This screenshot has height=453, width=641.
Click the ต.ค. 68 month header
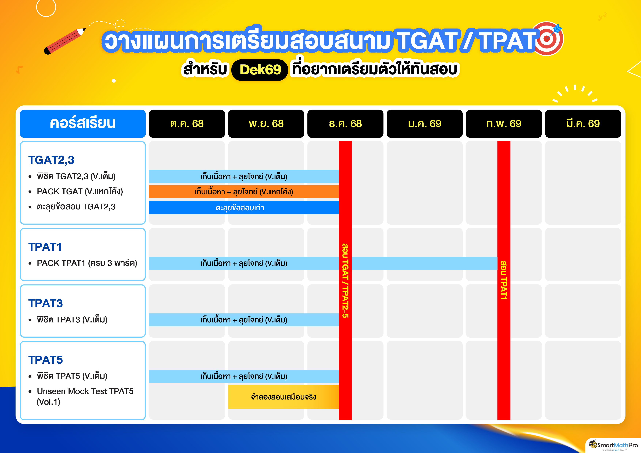[x=187, y=124]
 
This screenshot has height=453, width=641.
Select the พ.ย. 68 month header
[x=266, y=124]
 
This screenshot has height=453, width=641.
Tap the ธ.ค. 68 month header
[x=345, y=124]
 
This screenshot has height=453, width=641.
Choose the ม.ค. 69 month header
[x=425, y=124]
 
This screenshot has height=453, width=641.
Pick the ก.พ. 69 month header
[x=504, y=124]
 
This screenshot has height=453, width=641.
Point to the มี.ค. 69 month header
[x=583, y=124]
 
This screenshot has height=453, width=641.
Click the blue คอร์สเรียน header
[x=83, y=124]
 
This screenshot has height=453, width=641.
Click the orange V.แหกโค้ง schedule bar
[x=244, y=192]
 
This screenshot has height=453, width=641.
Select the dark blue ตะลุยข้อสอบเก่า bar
[x=244, y=208]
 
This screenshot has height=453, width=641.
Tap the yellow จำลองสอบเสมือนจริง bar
[x=283, y=397]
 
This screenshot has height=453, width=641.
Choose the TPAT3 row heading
[x=45, y=303]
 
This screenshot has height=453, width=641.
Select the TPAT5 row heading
[x=45, y=360]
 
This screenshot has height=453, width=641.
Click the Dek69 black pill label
[x=260, y=70]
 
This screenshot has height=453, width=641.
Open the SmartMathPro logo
[x=613, y=446]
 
